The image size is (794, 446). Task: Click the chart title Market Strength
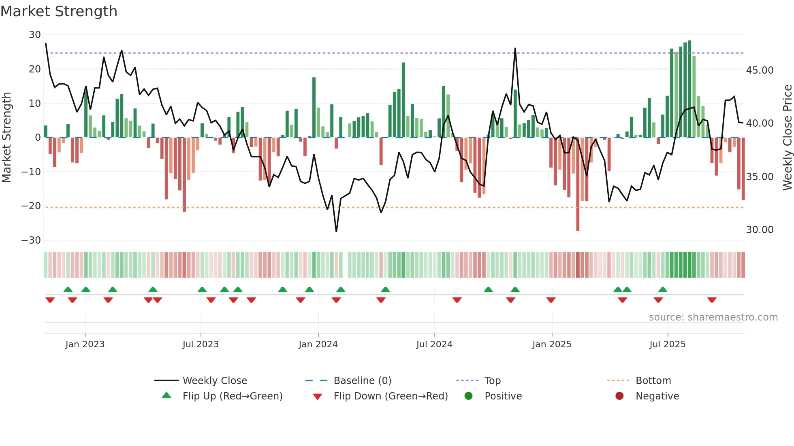pyautogui.click(x=59, y=11)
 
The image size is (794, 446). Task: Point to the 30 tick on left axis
pyautogui.click(x=35, y=35)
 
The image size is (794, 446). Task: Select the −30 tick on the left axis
pyautogui.click(x=32, y=240)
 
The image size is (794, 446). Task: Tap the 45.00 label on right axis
pyautogui.click(x=760, y=70)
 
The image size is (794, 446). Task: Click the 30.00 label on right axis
pyautogui.click(x=760, y=230)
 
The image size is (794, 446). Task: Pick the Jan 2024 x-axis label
pyautogui.click(x=318, y=344)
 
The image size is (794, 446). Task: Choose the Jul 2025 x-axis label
pyautogui.click(x=667, y=344)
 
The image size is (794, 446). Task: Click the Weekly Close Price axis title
pyautogui.click(x=787, y=138)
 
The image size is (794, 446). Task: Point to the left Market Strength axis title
pyautogui.click(x=7, y=138)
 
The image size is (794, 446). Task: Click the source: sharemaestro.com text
pyautogui.click(x=713, y=317)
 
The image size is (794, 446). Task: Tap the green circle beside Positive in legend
pyautogui.click(x=469, y=396)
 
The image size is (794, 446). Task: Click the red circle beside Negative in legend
pyautogui.click(x=619, y=396)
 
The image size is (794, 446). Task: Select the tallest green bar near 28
pyautogui.click(x=689, y=89)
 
